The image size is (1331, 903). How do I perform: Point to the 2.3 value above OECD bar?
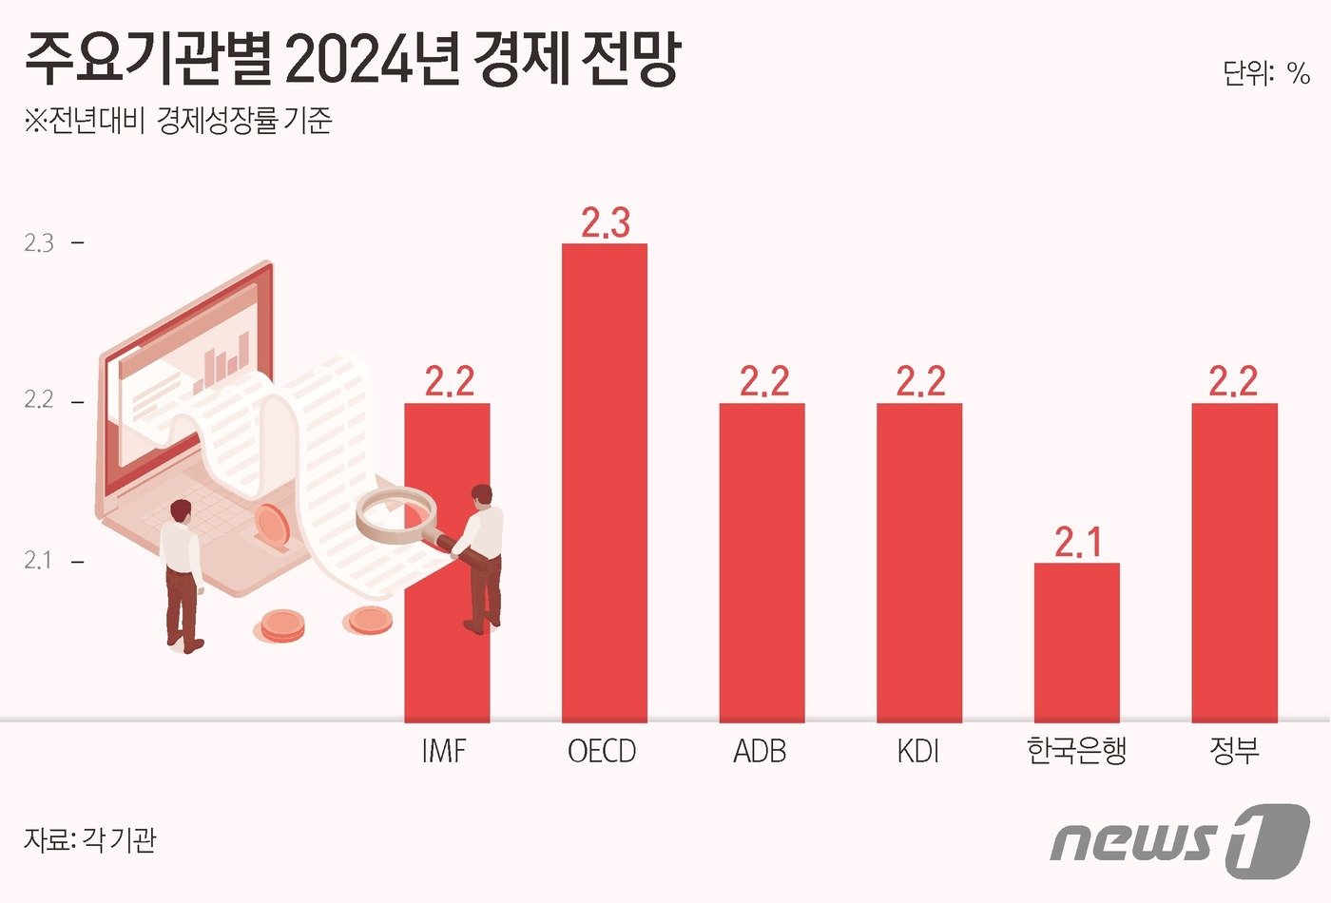tap(606, 223)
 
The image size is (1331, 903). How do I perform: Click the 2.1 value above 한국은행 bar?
tap(1078, 543)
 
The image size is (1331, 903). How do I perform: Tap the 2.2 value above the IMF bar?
tap(449, 382)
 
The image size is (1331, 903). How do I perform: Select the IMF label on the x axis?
tap(444, 752)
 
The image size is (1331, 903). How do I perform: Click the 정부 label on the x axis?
tap(1234, 751)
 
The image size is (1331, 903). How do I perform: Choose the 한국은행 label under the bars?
tap(1076, 751)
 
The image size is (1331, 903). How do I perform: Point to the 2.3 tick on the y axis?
tap(39, 243)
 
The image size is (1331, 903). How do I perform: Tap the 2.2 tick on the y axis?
tap(39, 400)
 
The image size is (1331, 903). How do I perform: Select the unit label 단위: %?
tap(1265, 73)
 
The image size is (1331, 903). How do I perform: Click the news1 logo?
tap(1179, 840)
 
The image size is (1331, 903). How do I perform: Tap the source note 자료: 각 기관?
tap(89, 840)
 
